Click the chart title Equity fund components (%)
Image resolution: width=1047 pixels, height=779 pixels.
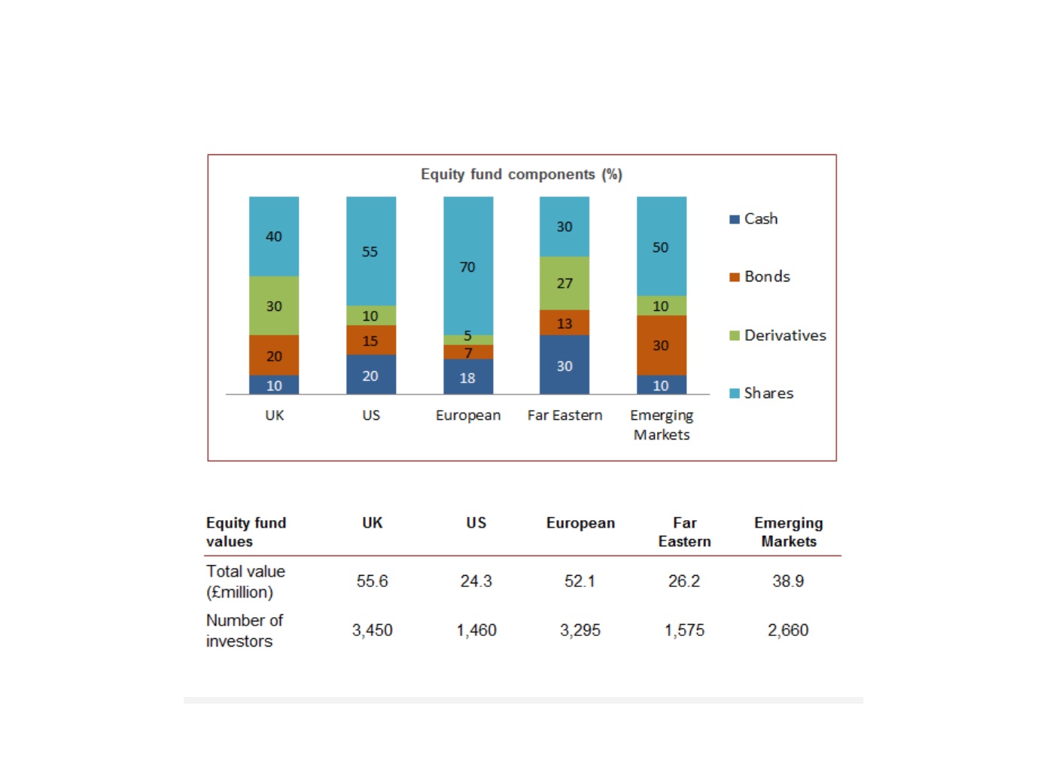(521, 174)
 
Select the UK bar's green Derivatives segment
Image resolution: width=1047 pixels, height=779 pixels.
(274, 306)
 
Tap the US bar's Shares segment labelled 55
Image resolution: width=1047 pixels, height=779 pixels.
(371, 251)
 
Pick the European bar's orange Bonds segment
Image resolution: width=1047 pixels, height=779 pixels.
(468, 351)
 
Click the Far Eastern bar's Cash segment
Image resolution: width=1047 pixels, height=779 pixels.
(564, 364)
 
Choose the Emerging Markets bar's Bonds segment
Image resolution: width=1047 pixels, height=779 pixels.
(662, 345)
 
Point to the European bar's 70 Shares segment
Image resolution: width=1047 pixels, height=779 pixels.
(468, 266)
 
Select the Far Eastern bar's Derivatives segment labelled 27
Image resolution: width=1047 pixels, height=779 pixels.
(564, 283)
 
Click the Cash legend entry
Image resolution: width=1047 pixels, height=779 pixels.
(753, 219)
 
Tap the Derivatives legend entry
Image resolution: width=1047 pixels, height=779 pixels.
(778, 335)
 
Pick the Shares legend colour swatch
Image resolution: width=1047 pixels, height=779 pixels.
(734, 394)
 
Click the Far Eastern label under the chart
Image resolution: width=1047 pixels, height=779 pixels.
(565, 415)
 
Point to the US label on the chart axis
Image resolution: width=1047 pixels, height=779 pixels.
(371, 415)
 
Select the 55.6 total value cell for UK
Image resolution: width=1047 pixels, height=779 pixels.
(372, 581)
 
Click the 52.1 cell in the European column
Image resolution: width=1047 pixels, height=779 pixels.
(580, 581)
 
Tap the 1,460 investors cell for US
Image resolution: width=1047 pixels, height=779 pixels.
(476, 630)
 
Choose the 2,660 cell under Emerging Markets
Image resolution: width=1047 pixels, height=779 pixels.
(788, 630)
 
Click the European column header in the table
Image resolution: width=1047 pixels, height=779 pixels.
(580, 522)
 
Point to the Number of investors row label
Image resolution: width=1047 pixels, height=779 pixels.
(245, 631)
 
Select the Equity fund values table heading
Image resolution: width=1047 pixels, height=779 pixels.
(246, 532)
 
